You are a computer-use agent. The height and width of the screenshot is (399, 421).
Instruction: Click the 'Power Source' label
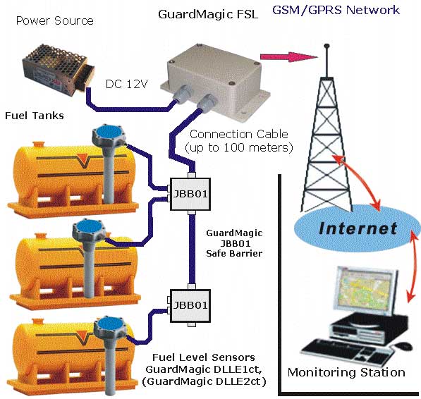(55, 20)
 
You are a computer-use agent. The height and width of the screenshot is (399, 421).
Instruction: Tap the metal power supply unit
(59, 67)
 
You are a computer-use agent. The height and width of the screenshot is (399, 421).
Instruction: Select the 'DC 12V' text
(127, 85)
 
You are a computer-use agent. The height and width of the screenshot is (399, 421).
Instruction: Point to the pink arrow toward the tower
(289, 57)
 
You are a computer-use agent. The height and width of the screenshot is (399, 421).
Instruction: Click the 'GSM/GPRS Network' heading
(336, 10)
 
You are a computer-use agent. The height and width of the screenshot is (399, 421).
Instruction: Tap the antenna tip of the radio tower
(327, 46)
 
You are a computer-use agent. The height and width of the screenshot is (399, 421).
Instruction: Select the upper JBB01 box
(190, 194)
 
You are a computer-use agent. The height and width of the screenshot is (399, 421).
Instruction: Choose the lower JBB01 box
(190, 306)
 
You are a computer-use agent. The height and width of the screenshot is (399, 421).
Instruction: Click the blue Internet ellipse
(357, 228)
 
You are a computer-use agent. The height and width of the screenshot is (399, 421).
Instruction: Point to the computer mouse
(403, 346)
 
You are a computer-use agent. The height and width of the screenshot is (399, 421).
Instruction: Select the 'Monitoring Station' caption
(346, 372)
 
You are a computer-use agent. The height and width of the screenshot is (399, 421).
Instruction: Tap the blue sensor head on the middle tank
(89, 227)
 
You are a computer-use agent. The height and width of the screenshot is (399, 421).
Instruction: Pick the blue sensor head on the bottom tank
(109, 325)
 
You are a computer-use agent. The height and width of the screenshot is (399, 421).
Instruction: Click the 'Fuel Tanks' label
(35, 116)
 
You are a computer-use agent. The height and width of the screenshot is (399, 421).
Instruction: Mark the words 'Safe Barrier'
(234, 254)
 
